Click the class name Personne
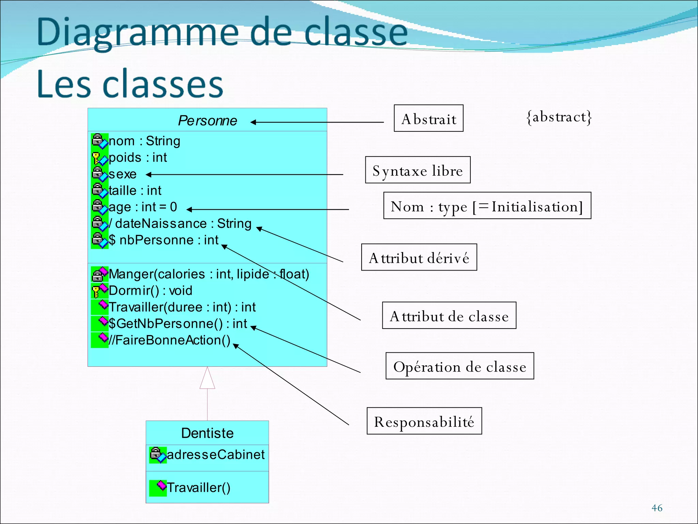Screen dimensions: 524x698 click(207, 121)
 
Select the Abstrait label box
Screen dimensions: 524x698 click(428, 118)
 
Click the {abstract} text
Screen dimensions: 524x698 click(559, 117)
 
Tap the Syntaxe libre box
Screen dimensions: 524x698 click(418, 170)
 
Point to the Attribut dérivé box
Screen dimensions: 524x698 click(419, 258)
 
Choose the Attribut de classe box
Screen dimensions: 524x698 click(449, 316)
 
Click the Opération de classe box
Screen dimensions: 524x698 click(459, 366)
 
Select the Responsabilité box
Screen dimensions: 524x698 click(424, 421)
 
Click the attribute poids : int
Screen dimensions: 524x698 click(138, 158)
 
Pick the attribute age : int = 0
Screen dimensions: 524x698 click(142, 207)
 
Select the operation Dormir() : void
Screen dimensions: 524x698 click(150, 291)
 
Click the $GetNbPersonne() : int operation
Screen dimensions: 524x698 click(178, 324)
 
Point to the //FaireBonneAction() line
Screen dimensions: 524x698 click(169, 340)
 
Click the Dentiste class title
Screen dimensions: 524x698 click(207, 433)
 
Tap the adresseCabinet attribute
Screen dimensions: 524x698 click(215, 455)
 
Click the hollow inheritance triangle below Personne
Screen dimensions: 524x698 click(207, 379)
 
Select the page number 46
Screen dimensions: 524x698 click(657, 508)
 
